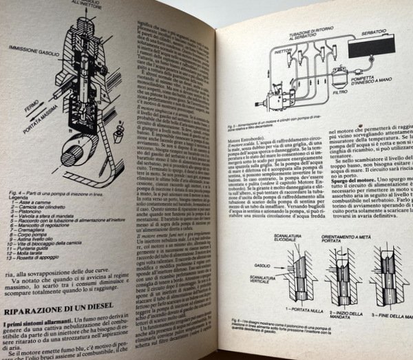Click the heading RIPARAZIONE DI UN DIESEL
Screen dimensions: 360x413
[63, 297]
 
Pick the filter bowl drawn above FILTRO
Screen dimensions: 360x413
[339, 72]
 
